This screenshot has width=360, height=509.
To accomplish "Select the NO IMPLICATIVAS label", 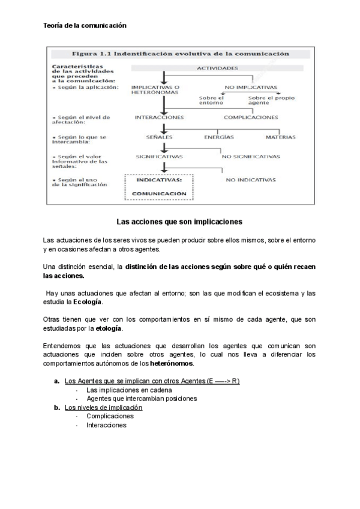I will (x=251, y=87).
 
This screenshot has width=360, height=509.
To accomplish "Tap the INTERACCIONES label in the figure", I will (x=159, y=117).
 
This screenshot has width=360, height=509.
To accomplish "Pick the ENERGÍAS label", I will (x=218, y=137).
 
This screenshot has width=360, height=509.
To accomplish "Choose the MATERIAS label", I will (x=281, y=137).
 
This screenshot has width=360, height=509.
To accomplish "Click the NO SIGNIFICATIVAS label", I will (x=251, y=157).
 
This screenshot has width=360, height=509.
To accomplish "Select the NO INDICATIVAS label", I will (x=251, y=179).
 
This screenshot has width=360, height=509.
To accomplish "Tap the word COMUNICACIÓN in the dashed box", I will (x=159, y=194).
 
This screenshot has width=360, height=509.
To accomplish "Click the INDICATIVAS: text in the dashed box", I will (x=159, y=179).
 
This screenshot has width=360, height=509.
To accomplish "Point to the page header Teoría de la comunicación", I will (x=86, y=26).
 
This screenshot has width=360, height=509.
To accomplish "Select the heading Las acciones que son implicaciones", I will (x=179, y=221).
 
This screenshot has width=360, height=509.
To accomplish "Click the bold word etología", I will (x=109, y=328).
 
